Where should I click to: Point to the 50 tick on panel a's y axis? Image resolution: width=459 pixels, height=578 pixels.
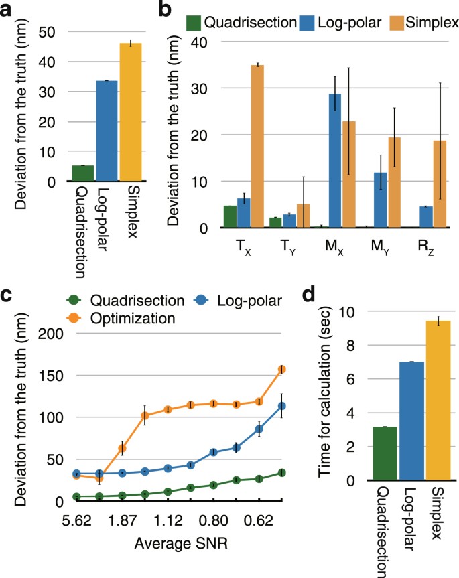(x=52, y=31)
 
